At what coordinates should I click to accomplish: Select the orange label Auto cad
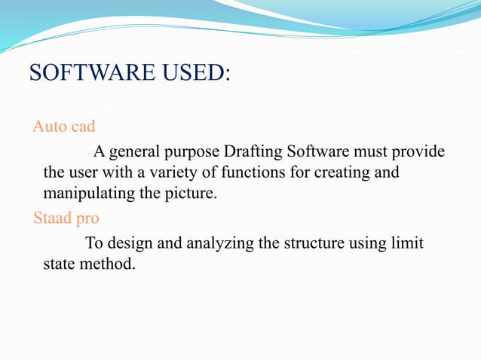pyautogui.click(x=63, y=126)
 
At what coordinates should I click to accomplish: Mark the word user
pyautogui.click(x=82, y=173)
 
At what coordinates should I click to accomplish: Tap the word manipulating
pyautogui.click(x=83, y=194)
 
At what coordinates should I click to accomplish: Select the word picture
pyautogui.click(x=191, y=194)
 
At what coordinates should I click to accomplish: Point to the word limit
pyautogui.click(x=408, y=243)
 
